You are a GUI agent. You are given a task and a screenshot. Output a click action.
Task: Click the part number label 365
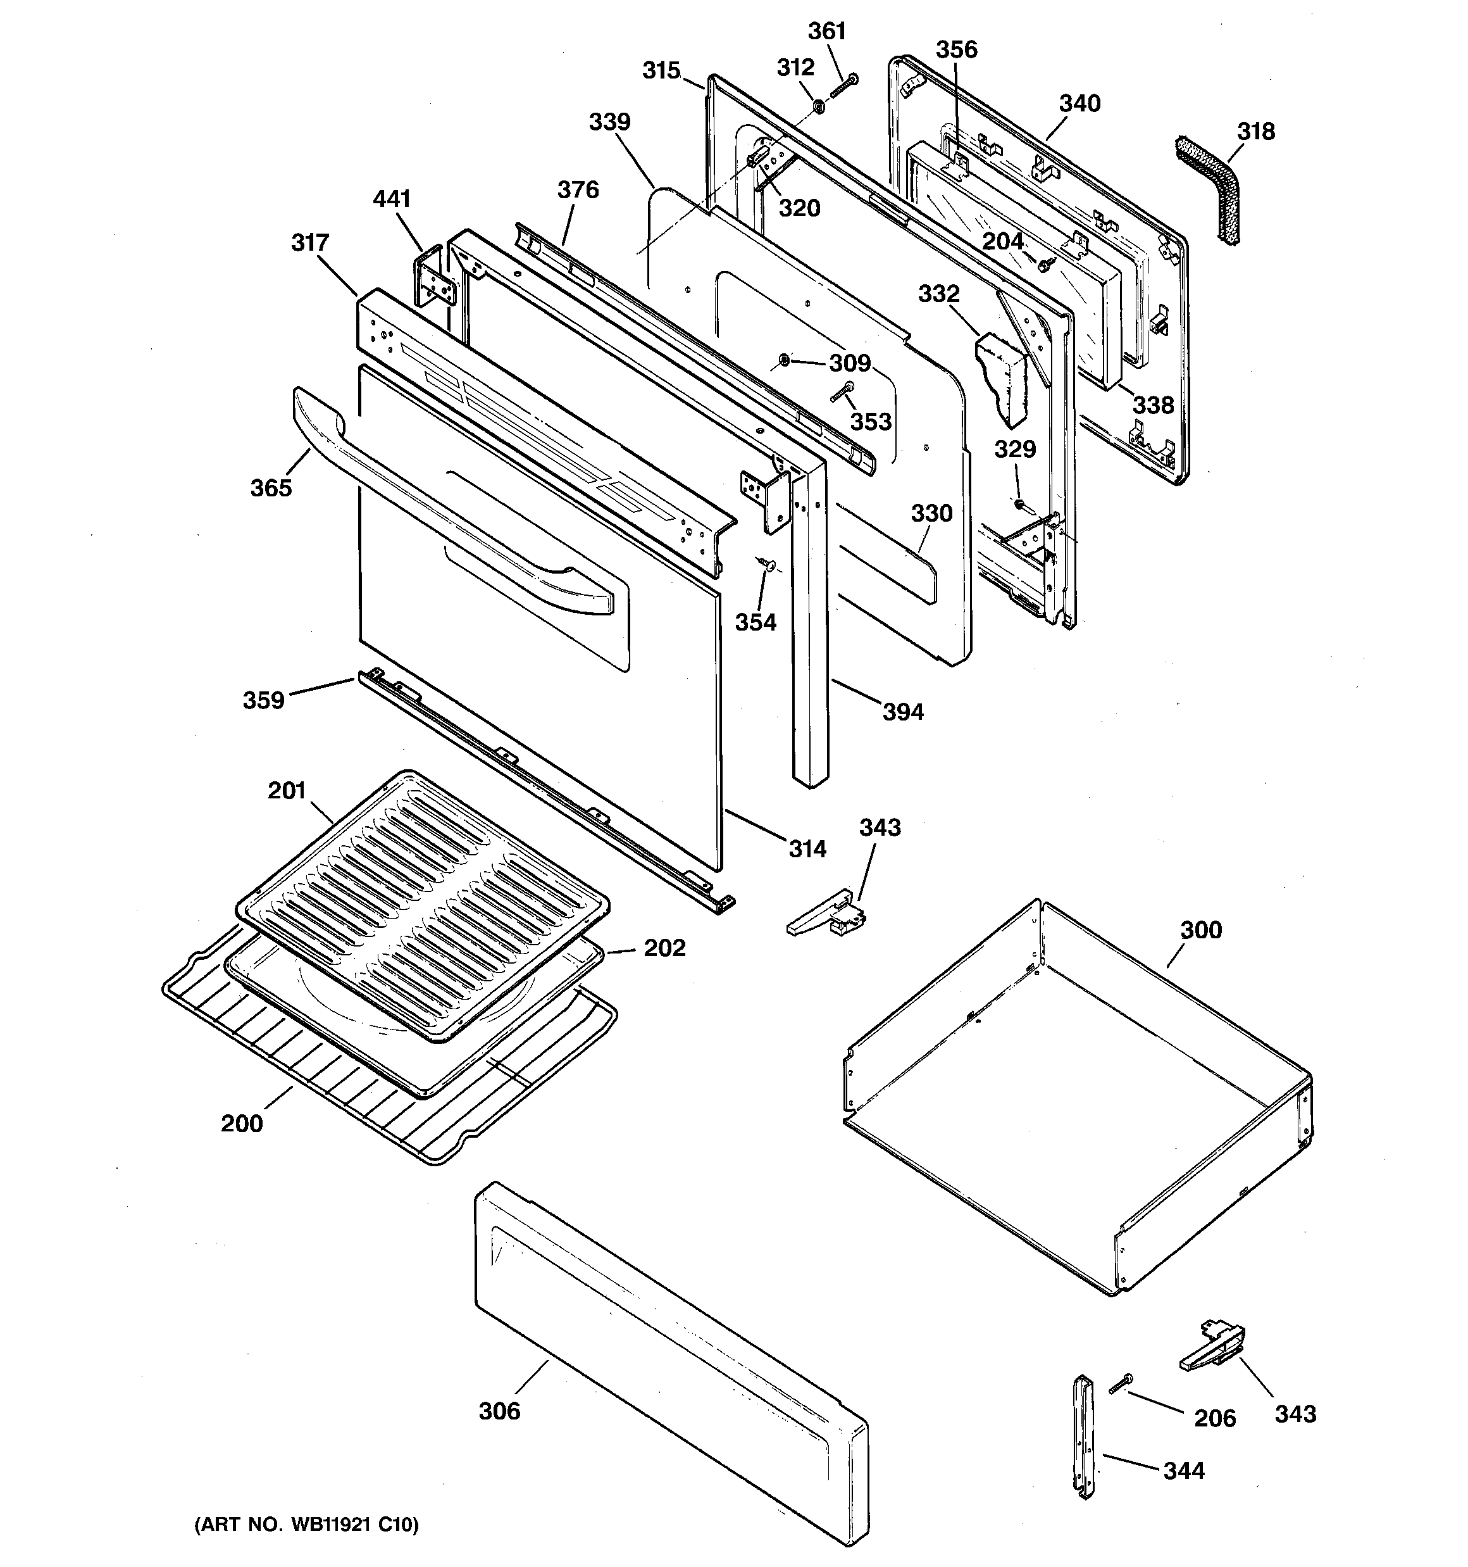click(271, 488)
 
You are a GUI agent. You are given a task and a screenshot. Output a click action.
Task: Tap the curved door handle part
click(441, 505)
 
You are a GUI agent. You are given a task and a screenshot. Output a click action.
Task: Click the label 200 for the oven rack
click(242, 1123)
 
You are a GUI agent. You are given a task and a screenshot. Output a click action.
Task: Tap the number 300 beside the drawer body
click(1201, 930)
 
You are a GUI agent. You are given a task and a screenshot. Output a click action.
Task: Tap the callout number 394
click(902, 712)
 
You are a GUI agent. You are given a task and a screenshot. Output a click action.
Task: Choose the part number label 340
click(1079, 103)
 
